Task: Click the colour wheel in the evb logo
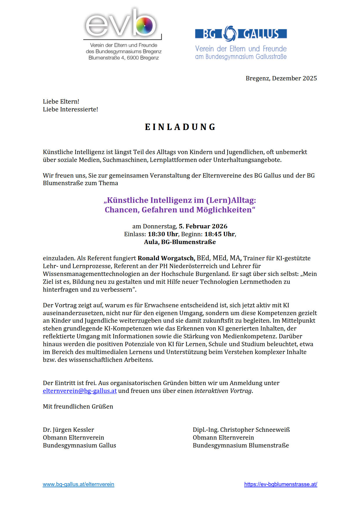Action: click(x=144, y=26)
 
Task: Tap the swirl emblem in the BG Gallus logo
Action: click(x=230, y=33)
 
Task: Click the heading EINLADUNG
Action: click(x=180, y=127)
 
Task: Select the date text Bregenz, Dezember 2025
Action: click(x=281, y=78)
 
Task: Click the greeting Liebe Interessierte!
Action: click(x=70, y=109)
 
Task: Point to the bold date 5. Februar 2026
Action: click(x=203, y=226)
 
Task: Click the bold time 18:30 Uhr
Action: click(x=163, y=234)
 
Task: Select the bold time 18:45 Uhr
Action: click(x=220, y=234)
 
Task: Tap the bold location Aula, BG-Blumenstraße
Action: click(x=180, y=242)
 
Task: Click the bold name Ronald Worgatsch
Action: click(x=166, y=258)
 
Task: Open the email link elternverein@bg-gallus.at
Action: click(x=80, y=391)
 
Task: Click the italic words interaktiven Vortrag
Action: click(x=223, y=391)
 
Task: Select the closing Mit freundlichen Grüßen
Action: click(x=78, y=407)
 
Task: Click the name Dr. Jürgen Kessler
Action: click(x=68, y=430)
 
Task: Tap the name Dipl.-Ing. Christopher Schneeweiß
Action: click(x=241, y=430)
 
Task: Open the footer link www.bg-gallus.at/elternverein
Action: click(x=78, y=484)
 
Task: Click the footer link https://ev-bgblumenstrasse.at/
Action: click(x=280, y=484)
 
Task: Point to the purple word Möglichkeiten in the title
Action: click(x=224, y=210)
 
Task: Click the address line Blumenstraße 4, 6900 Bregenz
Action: click(x=124, y=58)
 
